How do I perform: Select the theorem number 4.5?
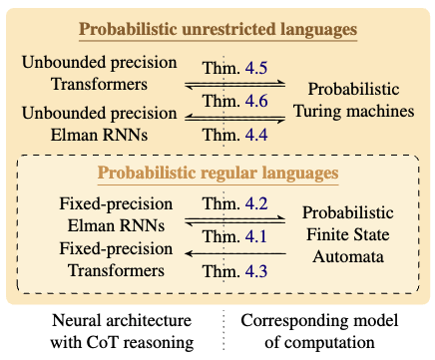coord(257,67)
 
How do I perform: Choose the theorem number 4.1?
coord(257,237)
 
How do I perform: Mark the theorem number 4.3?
coord(257,268)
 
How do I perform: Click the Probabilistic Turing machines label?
coord(358,98)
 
